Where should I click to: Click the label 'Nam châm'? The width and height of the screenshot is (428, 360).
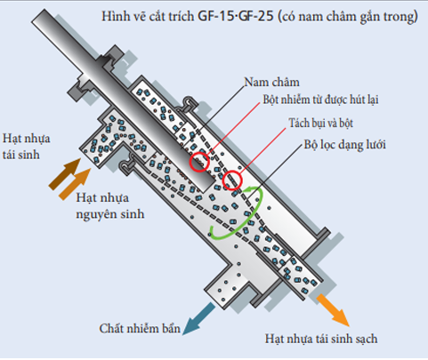click(271, 82)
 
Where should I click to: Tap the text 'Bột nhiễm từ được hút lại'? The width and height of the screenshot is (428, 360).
click(320, 100)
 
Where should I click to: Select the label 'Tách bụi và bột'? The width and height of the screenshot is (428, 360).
click(321, 123)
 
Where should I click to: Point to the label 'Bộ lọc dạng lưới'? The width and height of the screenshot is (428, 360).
click(345, 145)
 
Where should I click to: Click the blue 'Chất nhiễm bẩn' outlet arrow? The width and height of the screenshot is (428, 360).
click(198, 319)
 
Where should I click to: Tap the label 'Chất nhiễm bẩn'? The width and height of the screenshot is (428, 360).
click(140, 328)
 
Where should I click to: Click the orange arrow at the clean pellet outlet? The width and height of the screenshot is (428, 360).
click(333, 310)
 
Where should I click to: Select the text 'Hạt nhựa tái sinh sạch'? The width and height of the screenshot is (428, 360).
click(321, 339)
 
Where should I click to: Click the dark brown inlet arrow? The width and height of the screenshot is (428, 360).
click(65, 174)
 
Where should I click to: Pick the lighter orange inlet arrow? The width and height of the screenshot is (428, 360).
click(75, 184)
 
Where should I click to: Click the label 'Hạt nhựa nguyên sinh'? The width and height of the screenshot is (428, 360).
click(110, 205)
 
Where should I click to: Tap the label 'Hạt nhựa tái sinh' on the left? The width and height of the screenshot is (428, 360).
click(26, 147)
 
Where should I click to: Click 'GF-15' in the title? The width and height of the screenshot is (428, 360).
click(216, 16)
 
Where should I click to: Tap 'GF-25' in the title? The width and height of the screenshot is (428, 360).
click(255, 16)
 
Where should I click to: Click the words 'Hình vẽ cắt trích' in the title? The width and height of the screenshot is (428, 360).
click(148, 16)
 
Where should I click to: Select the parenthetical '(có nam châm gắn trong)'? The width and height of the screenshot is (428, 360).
click(348, 17)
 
